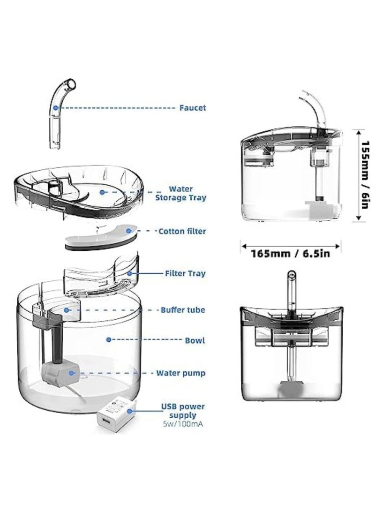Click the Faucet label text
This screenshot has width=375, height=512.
pyautogui.click(x=192, y=108)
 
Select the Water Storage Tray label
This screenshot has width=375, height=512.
pyautogui.click(x=180, y=193)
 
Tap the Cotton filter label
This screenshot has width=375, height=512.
pyautogui.click(x=182, y=231)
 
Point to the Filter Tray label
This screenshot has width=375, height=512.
pyautogui.click(x=185, y=273)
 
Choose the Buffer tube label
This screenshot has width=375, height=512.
pyautogui.click(x=182, y=310)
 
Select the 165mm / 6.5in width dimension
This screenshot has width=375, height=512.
pyautogui.click(x=291, y=254)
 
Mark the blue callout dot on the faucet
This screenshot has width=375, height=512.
pyautogui.click(x=55, y=107)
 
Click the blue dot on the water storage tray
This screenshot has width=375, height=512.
pyautogui.click(x=101, y=191)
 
